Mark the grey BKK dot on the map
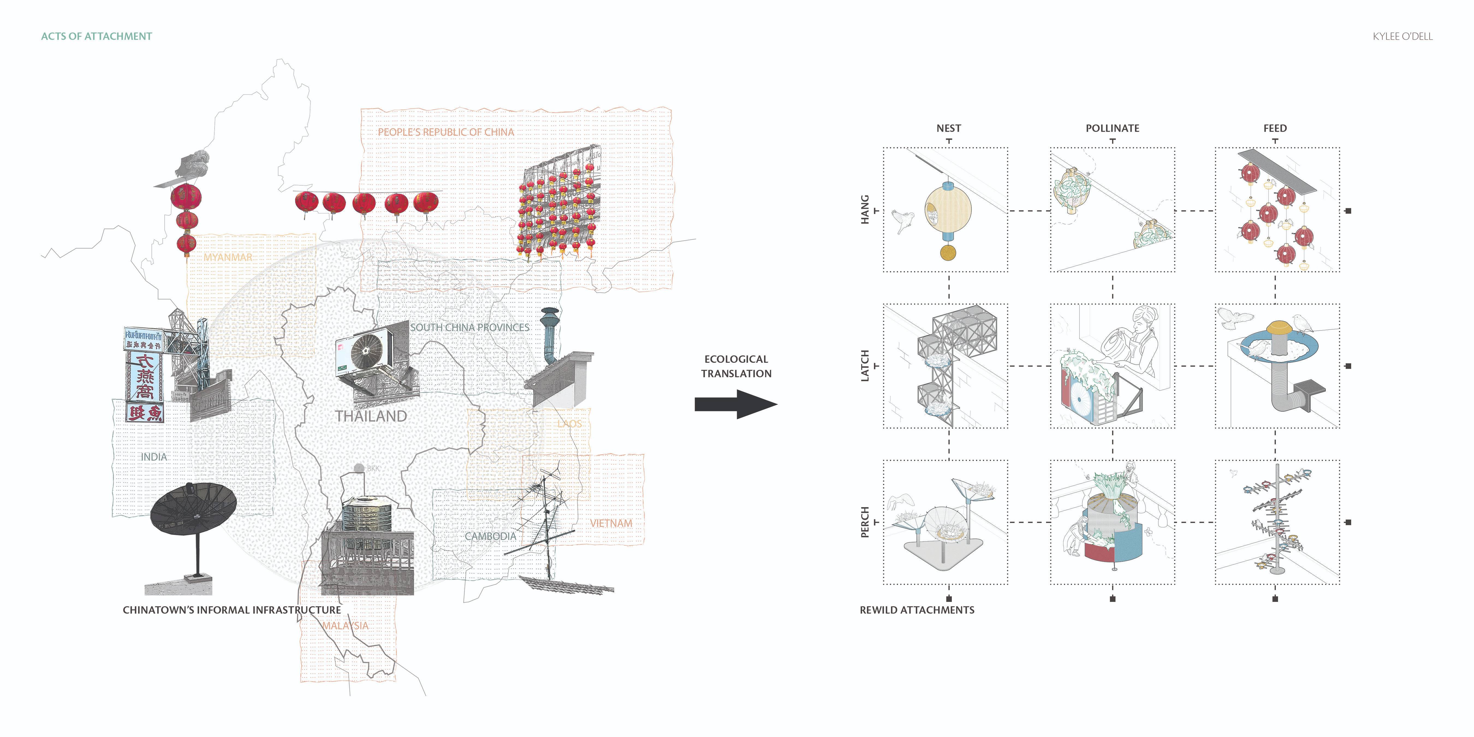(359, 468)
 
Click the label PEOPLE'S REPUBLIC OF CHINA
(446, 132)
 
